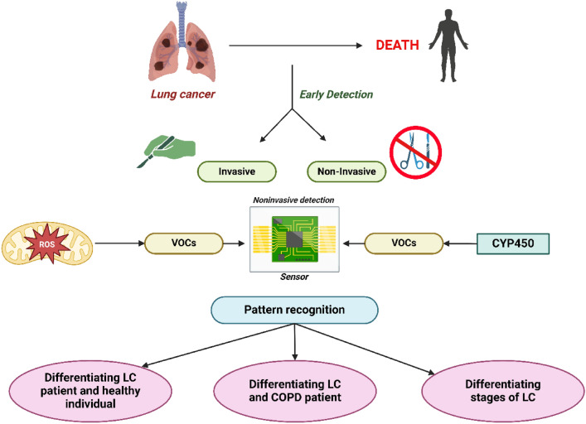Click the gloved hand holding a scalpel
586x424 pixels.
pos(165,147)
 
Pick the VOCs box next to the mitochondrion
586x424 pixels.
pos(184,243)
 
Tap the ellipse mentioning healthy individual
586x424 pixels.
pos(95,388)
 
